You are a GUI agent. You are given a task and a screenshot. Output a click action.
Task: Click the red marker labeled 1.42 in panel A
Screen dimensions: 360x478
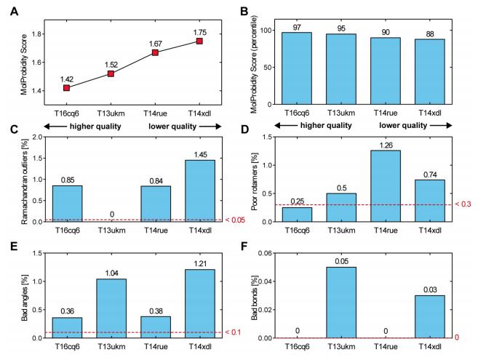click(x=67, y=88)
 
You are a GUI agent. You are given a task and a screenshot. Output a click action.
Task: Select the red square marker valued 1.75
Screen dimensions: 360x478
click(x=199, y=41)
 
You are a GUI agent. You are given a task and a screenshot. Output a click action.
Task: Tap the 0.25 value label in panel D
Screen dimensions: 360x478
click(x=297, y=201)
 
